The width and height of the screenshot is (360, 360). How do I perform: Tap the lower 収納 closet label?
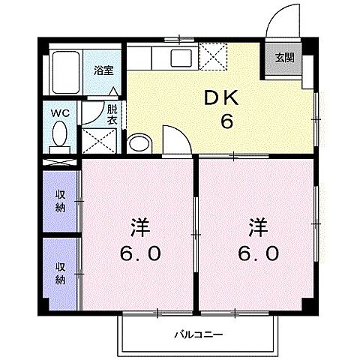click(x=61, y=273)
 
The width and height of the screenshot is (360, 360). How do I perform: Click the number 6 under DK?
click(x=225, y=122)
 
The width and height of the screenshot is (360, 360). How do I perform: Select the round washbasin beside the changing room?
click(x=139, y=143)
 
